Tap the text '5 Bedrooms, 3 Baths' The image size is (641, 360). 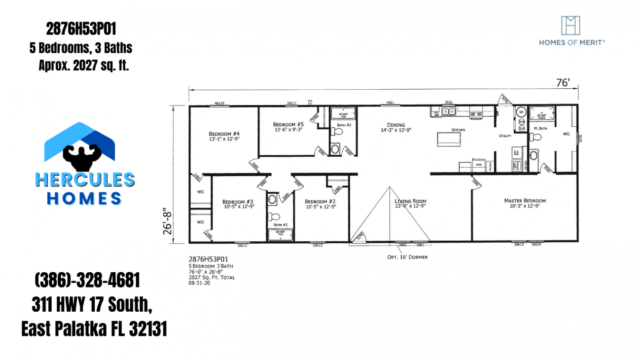pos(81,48)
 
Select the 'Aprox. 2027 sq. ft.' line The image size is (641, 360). pos(84,66)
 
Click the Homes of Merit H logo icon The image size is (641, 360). pos(571,25)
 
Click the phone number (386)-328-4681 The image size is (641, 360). pos(87,281)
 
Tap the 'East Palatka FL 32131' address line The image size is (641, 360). pos(94,328)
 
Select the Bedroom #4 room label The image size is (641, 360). pos(224,134)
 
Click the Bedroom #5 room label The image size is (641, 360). pos(288,124)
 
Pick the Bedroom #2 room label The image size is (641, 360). pos(320,201)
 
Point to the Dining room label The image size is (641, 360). pos(395,125)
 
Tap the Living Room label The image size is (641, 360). pos(410,201)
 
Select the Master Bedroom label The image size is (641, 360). pos(525,201)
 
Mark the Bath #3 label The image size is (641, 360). pos(344,126)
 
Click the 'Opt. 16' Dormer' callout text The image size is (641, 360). pos(407,257)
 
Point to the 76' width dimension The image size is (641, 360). pos(563,83)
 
